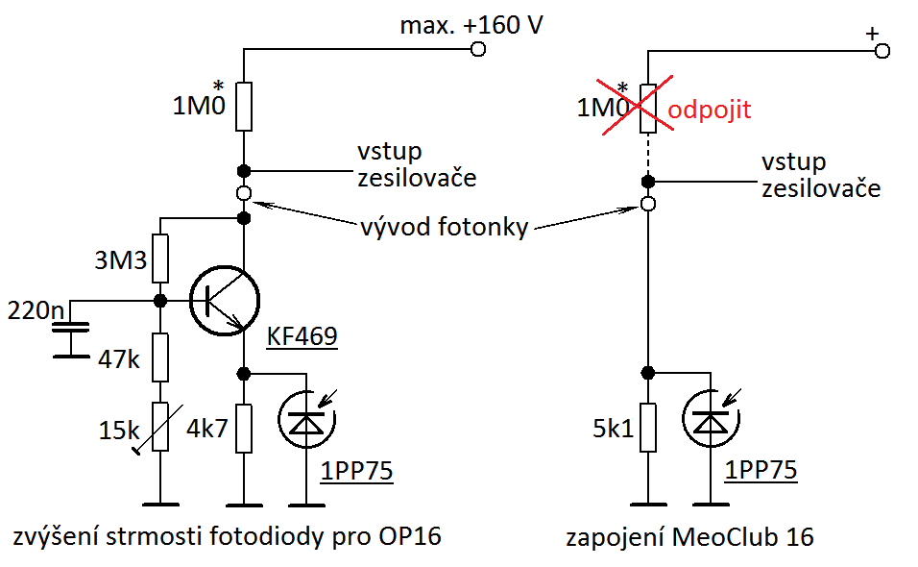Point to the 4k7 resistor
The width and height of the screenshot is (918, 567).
pyautogui.click(x=244, y=428)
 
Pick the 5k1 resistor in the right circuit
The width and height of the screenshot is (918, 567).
pyautogui.click(x=648, y=428)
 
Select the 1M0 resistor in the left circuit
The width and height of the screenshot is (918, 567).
pyautogui.click(x=244, y=107)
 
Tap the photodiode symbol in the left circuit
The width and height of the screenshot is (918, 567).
pyautogui.click(x=304, y=421)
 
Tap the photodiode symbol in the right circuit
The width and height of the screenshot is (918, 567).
pyautogui.click(x=708, y=421)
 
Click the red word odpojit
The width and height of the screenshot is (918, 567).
pyautogui.click(x=709, y=110)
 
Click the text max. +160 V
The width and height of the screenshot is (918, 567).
pyautogui.click(x=471, y=26)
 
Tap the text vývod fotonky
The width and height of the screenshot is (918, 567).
pyautogui.click(x=444, y=229)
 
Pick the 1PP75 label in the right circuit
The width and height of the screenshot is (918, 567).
pyautogui.click(x=761, y=471)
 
